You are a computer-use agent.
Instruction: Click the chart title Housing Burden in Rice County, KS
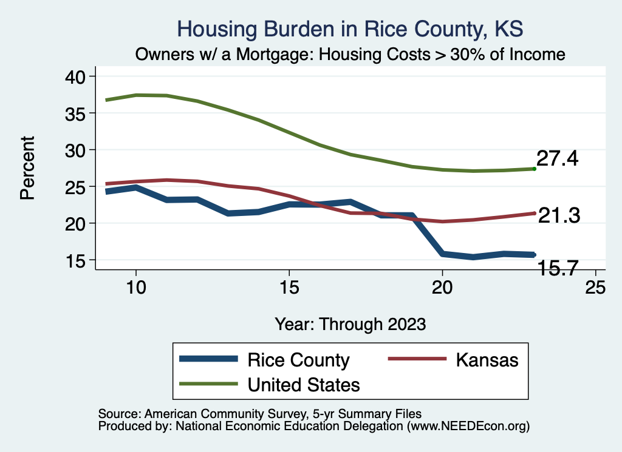[x=349, y=29]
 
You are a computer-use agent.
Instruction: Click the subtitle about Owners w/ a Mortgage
[x=350, y=55]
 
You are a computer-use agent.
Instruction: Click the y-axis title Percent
[x=27, y=168]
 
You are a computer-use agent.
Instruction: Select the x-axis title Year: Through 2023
[x=350, y=323]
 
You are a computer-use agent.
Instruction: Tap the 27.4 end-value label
[x=557, y=159]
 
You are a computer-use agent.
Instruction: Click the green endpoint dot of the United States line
[x=534, y=169]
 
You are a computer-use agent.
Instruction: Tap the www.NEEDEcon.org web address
[x=468, y=427]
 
